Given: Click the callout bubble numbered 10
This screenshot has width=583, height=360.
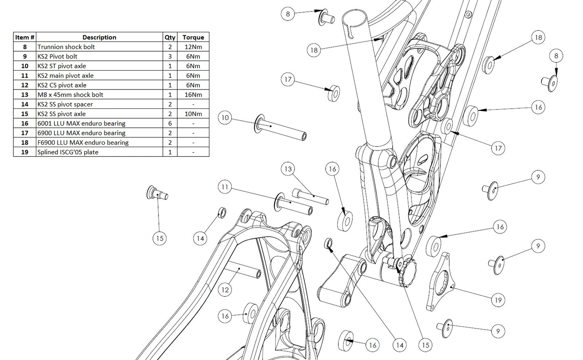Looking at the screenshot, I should click(225, 118).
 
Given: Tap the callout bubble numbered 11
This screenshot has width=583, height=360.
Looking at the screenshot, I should click(225, 187).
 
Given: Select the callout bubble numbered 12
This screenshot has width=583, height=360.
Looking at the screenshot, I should click(225, 289).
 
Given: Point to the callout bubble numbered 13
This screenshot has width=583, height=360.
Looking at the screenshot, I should click(288, 169).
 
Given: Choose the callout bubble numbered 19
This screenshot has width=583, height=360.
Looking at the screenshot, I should click(498, 300).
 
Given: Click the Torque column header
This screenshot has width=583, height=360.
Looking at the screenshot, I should click(193, 37).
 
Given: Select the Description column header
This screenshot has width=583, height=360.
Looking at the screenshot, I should click(99, 37).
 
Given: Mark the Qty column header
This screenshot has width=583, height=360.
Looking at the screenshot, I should click(170, 37).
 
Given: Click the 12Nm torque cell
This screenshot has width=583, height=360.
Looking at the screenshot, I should click(193, 47).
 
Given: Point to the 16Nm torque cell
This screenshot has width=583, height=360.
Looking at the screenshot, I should click(193, 95).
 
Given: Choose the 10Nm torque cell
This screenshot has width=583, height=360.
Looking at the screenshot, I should click(193, 114).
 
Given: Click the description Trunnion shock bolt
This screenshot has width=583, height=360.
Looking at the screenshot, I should click(66, 47).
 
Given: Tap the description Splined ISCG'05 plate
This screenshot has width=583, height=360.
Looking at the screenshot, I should click(68, 152).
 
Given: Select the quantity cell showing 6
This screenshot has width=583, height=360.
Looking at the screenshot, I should click(170, 123).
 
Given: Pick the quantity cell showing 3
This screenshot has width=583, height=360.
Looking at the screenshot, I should click(170, 56).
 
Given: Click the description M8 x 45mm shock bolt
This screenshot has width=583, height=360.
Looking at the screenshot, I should click(70, 95).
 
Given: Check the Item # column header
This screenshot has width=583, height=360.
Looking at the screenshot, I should click(25, 37).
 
